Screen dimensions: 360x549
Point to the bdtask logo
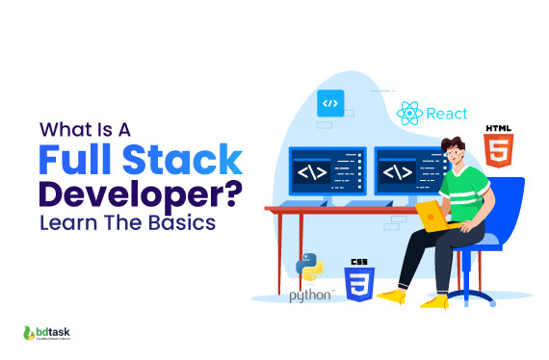(53, 333)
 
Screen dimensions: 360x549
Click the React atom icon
(408, 115)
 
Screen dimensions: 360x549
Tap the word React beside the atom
(446, 115)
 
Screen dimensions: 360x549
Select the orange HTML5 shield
(498, 151)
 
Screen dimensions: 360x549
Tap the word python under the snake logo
(310, 295)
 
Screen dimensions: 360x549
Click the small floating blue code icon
(330, 101)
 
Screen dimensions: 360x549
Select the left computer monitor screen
(327, 173)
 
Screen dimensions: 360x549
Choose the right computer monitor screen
(405, 173)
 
